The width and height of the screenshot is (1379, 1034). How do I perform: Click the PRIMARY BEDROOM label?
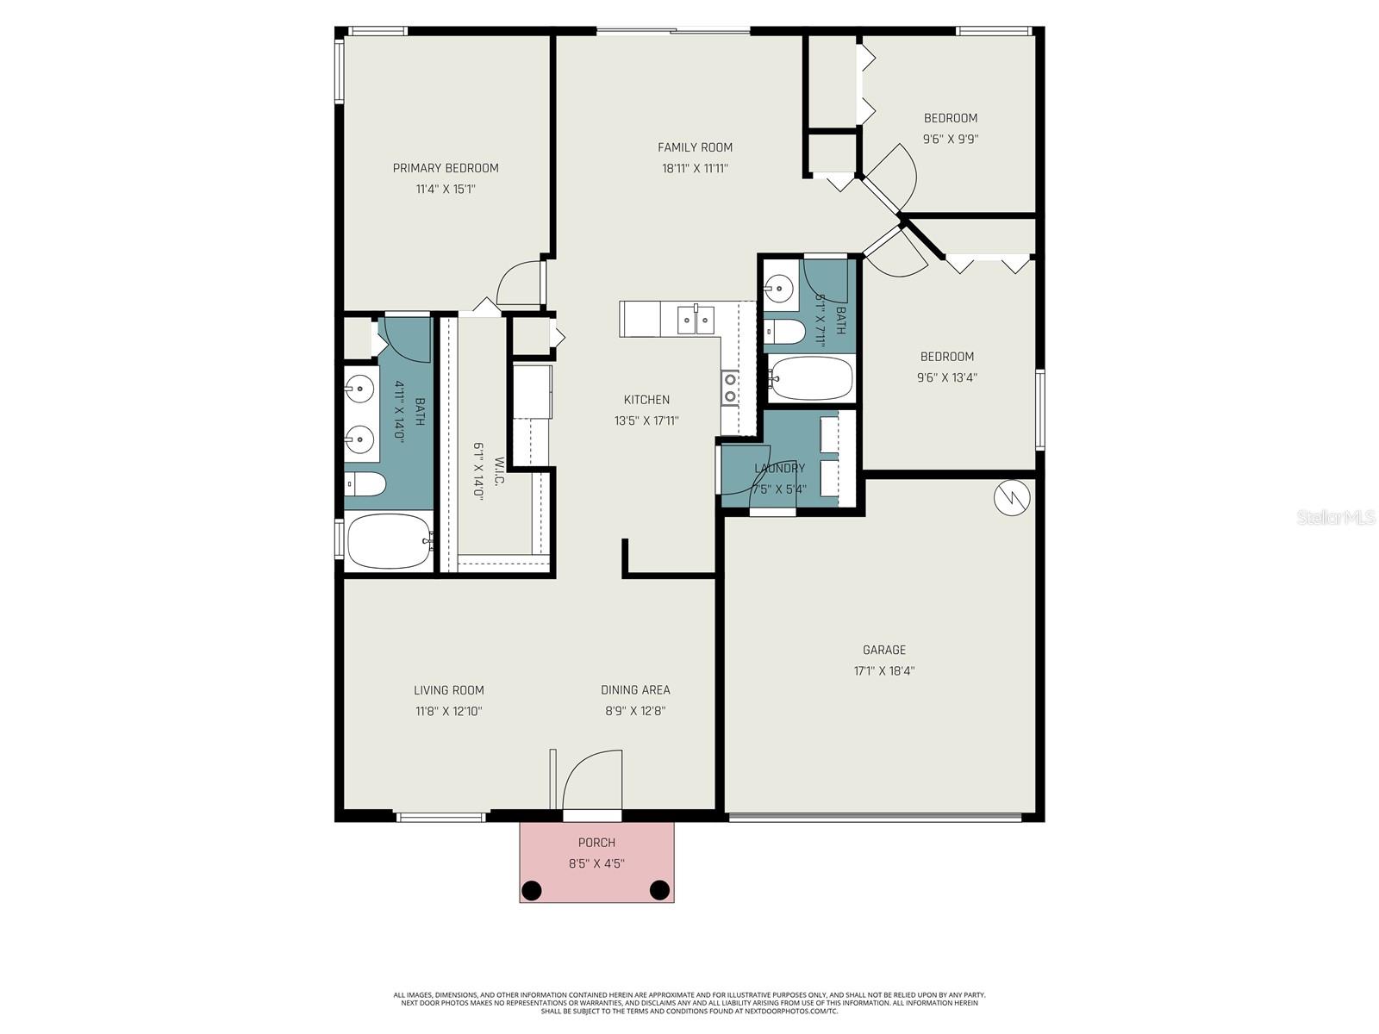point(446,168)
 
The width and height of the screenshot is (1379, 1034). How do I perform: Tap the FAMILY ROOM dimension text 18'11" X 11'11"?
point(695,169)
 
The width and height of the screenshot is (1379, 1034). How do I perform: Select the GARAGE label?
point(884,650)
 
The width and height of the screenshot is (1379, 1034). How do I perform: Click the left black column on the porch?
point(532,888)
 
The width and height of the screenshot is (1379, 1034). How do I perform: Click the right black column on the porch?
point(659,888)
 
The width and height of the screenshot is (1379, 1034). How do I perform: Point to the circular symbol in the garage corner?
point(1012,498)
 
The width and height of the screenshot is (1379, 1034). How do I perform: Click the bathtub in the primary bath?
point(388,541)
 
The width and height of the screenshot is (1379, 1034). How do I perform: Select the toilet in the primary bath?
point(365,484)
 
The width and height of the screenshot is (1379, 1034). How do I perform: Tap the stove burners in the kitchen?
point(730,387)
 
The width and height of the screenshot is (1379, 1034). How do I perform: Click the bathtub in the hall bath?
point(811,378)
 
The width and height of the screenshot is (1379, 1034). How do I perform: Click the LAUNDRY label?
point(779,468)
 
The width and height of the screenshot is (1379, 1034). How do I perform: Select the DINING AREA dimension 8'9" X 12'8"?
point(634,712)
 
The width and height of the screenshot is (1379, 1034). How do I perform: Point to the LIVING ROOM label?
point(448,690)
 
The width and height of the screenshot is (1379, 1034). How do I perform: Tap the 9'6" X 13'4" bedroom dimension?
point(947,377)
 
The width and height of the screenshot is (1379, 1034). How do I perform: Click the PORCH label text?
point(596,842)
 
